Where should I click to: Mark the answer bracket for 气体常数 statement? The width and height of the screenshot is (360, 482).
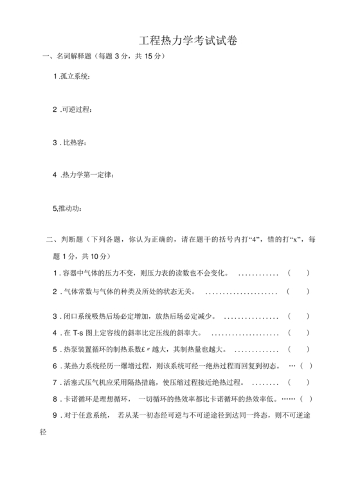click(x=298, y=291)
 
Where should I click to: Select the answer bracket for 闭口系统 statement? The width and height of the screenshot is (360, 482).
click(x=298, y=316)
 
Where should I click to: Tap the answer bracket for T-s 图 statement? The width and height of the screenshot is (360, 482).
click(x=298, y=333)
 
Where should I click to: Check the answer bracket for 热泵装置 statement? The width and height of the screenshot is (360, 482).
click(x=298, y=350)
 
